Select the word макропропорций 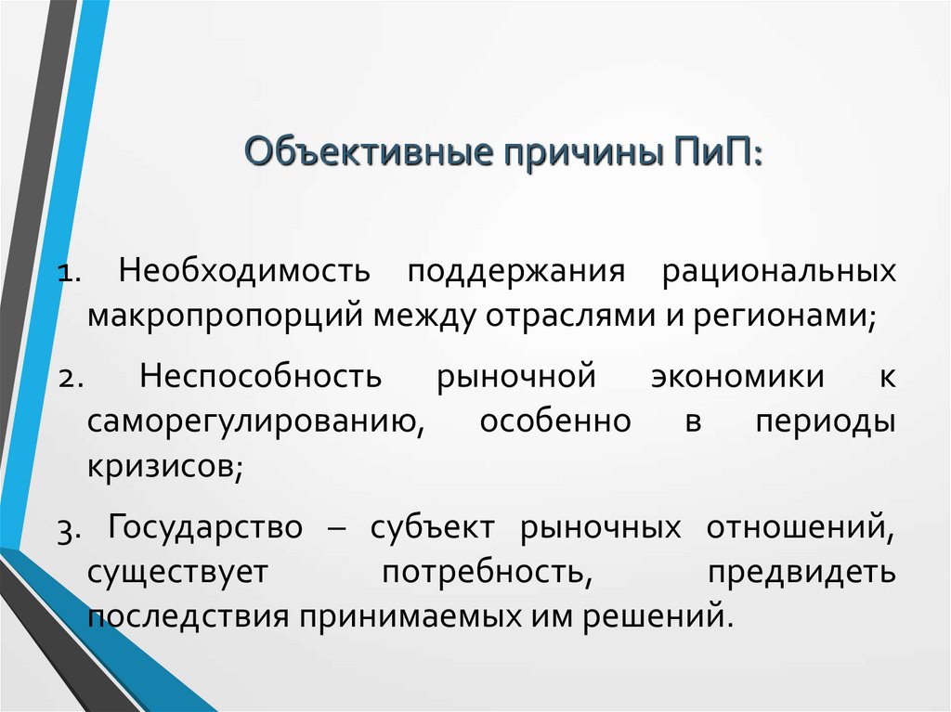(227, 317)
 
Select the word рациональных (778, 272)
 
